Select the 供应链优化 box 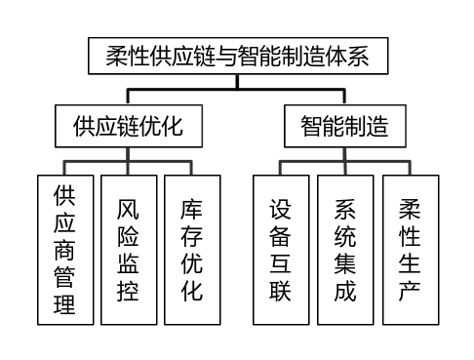click(x=129, y=126)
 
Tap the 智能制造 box click(x=343, y=126)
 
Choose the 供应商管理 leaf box click(x=64, y=249)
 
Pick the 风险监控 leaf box click(x=128, y=249)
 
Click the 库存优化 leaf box click(x=192, y=249)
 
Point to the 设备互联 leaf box click(x=281, y=249)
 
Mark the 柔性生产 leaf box click(x=410, y=249)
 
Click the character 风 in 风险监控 click(x=128, y=209)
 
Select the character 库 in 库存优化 click(x=192, y=209)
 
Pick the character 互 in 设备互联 click(x=281, y=262)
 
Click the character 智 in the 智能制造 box click(x=311, y=126)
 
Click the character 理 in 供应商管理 click(x=64, y=302)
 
